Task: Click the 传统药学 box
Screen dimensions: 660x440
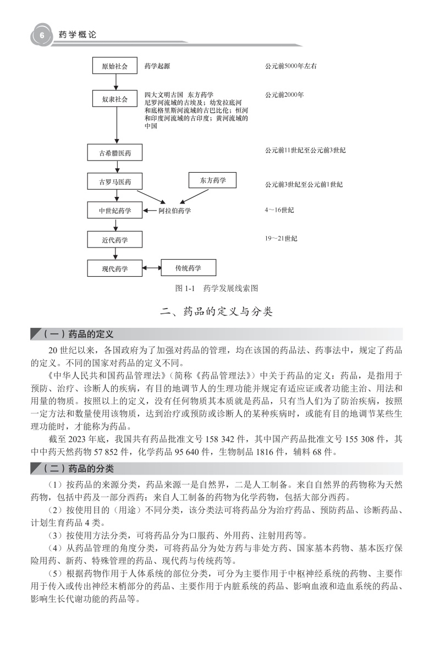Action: tap(188, 268)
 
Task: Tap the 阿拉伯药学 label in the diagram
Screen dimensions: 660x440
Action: tap(174, 211)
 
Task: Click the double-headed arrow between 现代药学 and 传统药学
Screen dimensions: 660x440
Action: tap(151, 268)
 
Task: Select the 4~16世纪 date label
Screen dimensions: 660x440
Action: tap(279, 210)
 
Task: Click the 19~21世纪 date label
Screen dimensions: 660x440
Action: tap(281, 238)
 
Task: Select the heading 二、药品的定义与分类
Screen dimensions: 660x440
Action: tap(216, 312)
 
